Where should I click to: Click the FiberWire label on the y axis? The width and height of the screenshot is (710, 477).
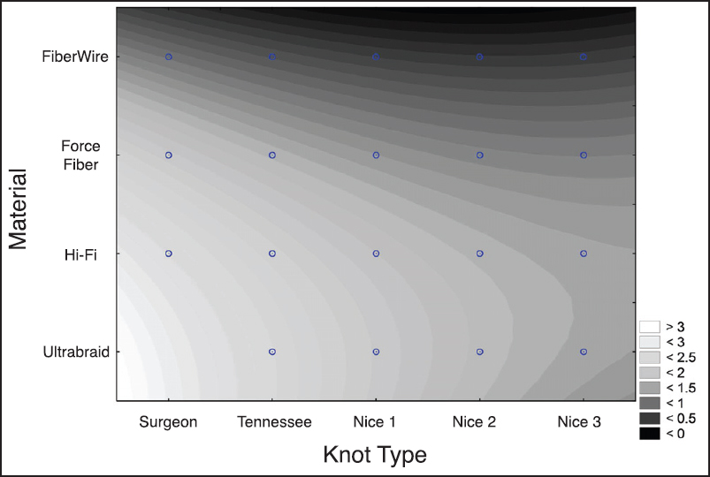[75, 57]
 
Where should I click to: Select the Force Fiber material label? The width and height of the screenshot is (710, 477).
[80, 155]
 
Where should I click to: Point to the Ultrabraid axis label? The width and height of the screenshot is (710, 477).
[76, 352]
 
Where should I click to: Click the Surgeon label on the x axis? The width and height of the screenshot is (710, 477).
[168, 422]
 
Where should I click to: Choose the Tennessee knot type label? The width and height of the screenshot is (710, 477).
[274, 422]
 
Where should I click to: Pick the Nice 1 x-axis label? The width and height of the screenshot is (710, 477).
[375, 422]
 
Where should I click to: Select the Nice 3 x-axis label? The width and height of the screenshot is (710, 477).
[579, 422]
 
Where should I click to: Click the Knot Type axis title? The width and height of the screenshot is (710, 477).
[374, 455]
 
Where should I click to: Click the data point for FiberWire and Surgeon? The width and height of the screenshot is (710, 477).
[169, 57]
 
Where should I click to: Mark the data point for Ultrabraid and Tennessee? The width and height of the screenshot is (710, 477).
[272, 352]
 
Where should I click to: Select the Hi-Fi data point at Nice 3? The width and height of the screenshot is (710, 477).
[584, 254]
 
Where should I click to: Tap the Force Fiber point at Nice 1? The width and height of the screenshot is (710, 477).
[376, 155]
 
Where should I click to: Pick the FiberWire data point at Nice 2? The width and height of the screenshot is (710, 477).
[480, 57]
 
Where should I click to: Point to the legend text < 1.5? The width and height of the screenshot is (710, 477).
[681, 388]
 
